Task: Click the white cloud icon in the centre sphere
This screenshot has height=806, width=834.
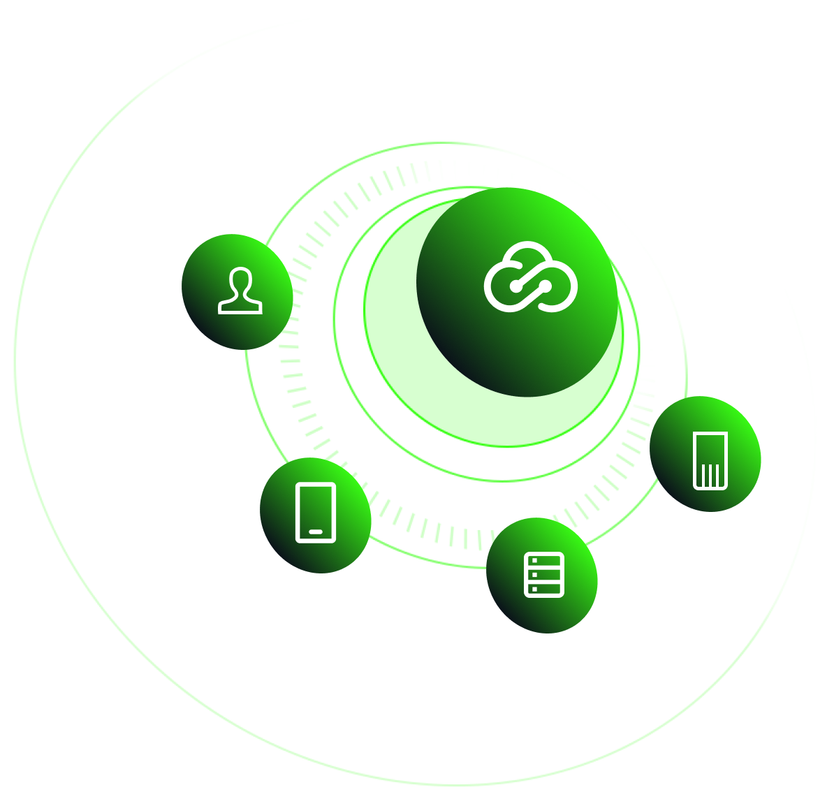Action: point(531,277)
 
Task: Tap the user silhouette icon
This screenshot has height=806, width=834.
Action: point(240,291)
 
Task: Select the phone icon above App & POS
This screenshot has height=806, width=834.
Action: point(316,512)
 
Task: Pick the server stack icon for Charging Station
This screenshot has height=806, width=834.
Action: point(544,575)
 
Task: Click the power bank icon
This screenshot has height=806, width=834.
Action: point(710,460)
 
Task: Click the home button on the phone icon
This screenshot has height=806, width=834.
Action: point(316,532)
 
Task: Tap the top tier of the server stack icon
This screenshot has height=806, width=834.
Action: point(544,561)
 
